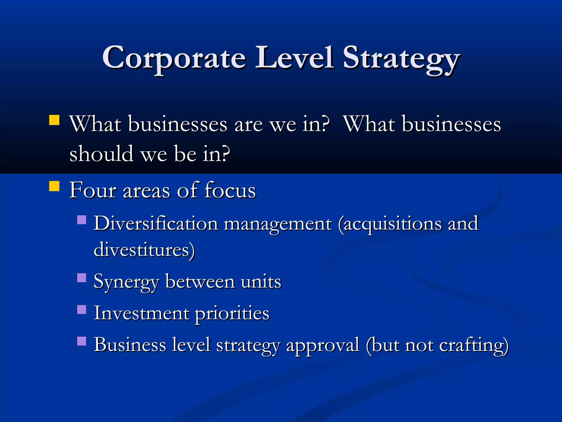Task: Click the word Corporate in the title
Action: click(x=174, y=58)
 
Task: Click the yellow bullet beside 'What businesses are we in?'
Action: click(x=54, y=120)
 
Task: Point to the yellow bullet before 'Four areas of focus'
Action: click(x=54, y=186)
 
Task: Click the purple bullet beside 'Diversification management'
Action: click(x=82, y=220)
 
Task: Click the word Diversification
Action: click(x=156, y=223)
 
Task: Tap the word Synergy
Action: click(x=126, y=282)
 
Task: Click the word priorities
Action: click(x=232, y=314)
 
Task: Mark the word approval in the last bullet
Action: click(x=323, y=345)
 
